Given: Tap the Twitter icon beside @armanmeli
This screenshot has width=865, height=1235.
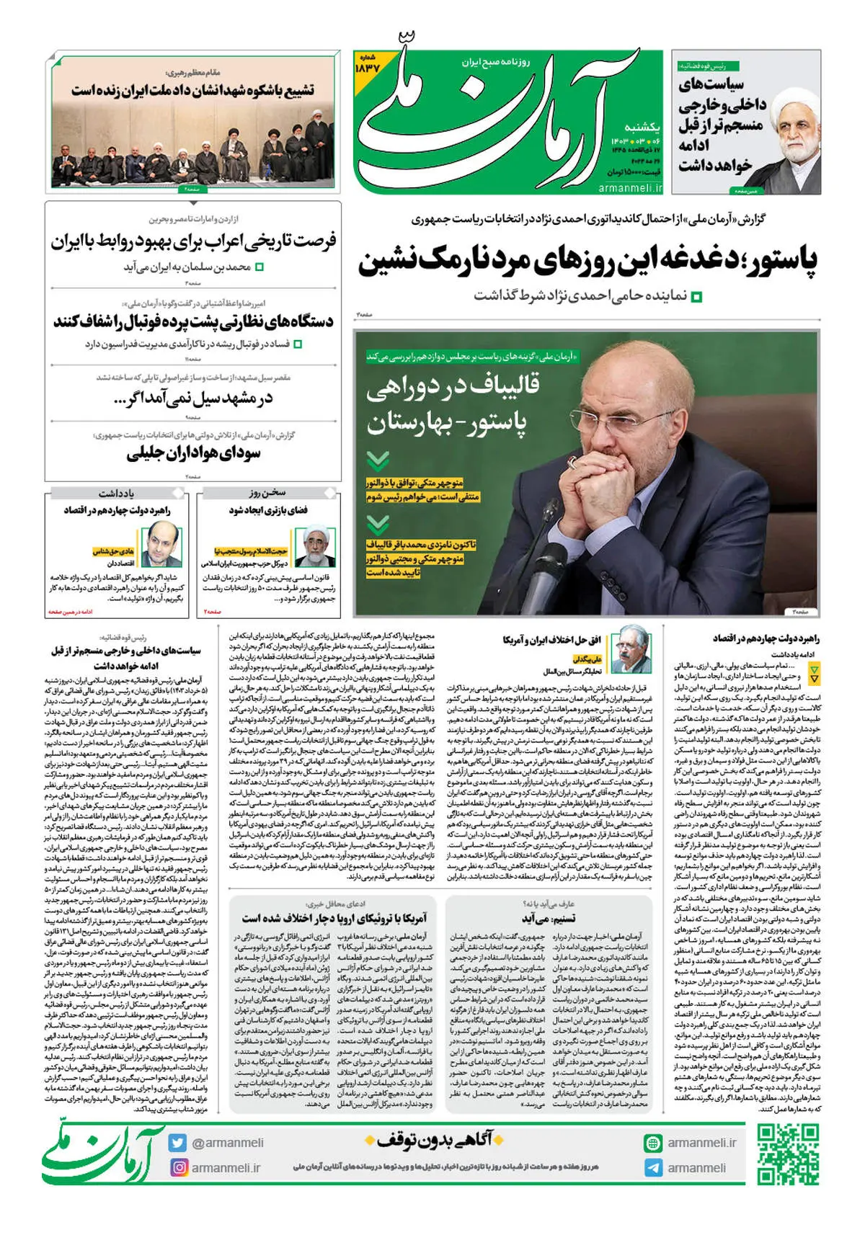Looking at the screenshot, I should click(x=178, y=1143).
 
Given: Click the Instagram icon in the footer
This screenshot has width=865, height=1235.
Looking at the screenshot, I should click(x=178, y=1167).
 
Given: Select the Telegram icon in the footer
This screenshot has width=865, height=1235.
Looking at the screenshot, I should click(x=653, y=1168).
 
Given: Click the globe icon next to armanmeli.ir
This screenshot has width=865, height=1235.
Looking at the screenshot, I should click(x=653, y=1143).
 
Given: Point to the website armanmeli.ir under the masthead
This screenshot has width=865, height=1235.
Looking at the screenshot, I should click(x=630, y=187).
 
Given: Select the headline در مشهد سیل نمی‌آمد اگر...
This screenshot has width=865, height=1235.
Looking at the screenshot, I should click(x=193, y=398).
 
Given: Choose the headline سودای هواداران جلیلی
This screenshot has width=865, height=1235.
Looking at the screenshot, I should click(x=193, y=453).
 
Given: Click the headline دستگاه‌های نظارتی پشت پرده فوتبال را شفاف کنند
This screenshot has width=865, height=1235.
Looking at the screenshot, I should click(x=193, y=321).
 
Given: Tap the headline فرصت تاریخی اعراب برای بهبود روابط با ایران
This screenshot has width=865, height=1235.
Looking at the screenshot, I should click(x=193, y=241).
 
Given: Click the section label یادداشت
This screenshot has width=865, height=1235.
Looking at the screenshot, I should click(x=116, y=494).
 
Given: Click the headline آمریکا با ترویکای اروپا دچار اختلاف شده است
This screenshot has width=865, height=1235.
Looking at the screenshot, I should click(x=334, y=918).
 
